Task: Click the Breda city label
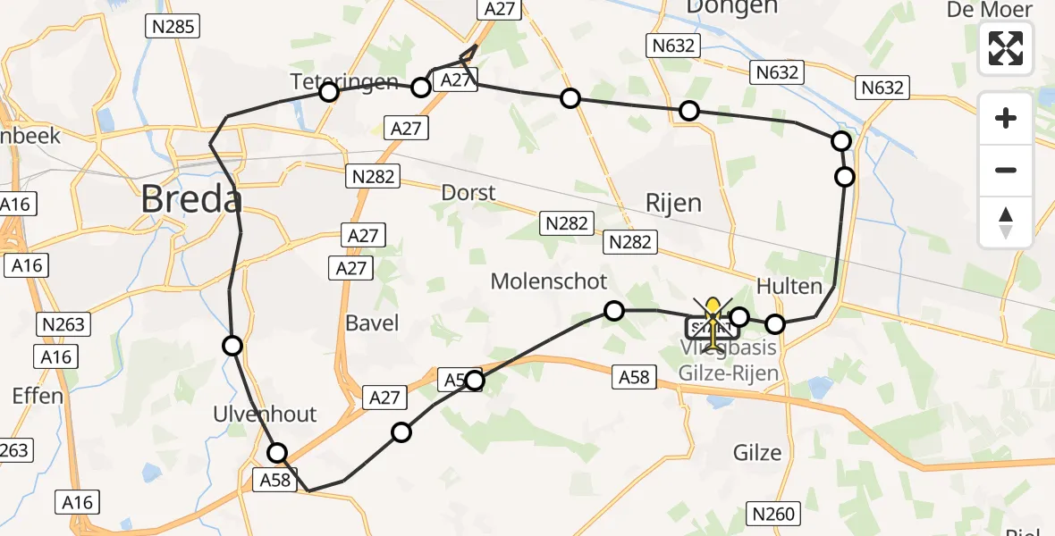tap(191, 200)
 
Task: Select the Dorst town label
tap(468, 193)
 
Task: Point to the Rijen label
tap(673, 203)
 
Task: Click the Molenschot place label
tap(548, 282)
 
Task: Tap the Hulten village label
tap(789, 287)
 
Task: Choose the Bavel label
tap(372, 322)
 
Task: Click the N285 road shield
tap(170, 27)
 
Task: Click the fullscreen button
tap(1006, 48)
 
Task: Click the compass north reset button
tap(1006, 222)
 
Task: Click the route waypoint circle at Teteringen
tap(329, 92)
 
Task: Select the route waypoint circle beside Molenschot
tap(613, 311)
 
